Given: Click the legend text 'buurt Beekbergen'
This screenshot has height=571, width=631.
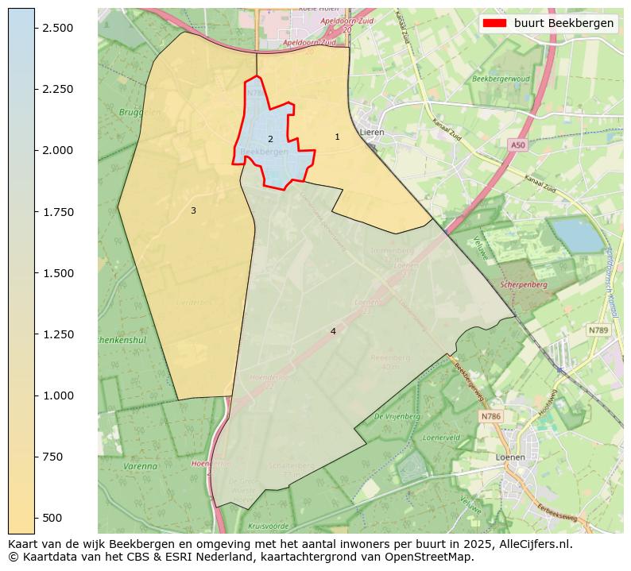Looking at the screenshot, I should tap(563, 23).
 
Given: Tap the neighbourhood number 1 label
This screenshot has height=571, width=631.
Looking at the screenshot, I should tap(337, 137).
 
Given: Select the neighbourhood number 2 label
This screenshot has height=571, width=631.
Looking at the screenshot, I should tap(270, 139).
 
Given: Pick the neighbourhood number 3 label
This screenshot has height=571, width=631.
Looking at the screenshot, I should tap(193, 210).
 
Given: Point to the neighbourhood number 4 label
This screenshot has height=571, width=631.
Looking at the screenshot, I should tap(333, 331).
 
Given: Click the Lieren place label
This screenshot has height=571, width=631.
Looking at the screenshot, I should tap(371, 133).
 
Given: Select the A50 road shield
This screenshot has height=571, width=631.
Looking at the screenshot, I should tap(518, 145).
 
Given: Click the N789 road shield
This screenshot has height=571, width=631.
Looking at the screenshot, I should tap(598, 330).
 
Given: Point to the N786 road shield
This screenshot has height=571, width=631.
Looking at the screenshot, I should tap(490, 416).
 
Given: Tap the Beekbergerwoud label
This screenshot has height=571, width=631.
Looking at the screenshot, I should tap(501, 79).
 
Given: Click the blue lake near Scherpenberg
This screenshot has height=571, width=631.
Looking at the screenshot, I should tap(578, 234).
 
